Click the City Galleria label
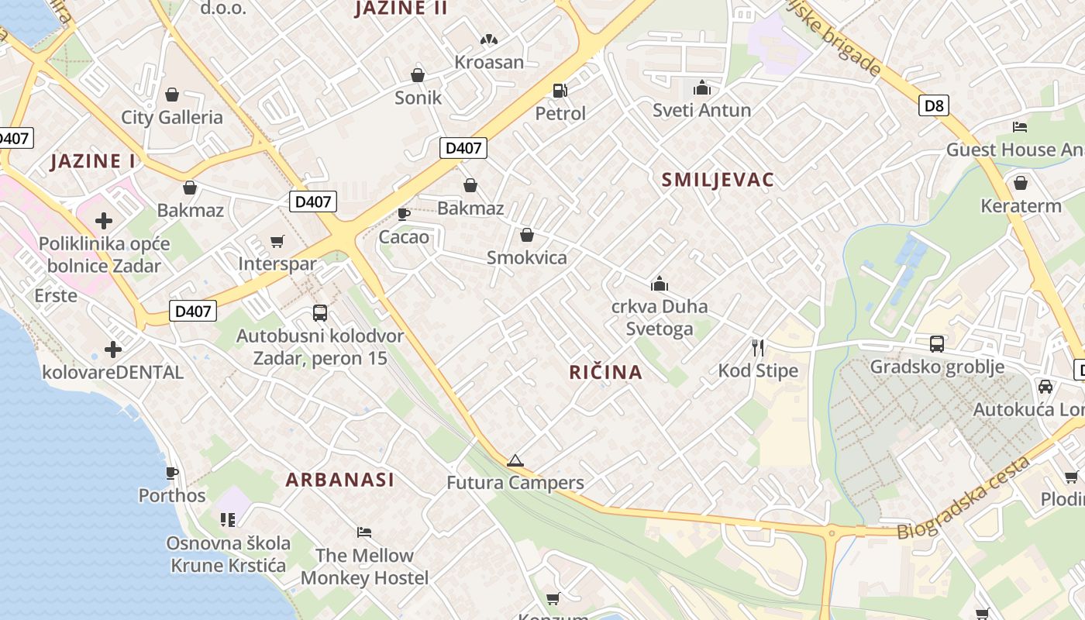tap(171, 118)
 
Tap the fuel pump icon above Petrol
tap(560, 91)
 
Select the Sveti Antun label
tap(701, 110)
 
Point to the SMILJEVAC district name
tap(718, 180)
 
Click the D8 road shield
tap(934, 105)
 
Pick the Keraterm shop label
tap(1021, 206)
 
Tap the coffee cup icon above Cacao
tap(403, 214)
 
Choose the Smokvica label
tap(527, 258)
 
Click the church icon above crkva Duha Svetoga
tap(660, 284)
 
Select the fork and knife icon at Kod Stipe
tap(757, 348)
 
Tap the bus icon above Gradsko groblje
tap(937, 344)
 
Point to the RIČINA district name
tap(605, 372)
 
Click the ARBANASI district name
tap(339, 480)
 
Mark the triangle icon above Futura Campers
tap(515, 461)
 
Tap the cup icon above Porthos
tap(172, 473)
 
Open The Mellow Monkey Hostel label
tap(364, 567)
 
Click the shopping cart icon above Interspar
tap(277, 242)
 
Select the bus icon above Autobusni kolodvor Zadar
tap(319, 313)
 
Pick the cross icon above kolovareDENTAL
tap(113, 350)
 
